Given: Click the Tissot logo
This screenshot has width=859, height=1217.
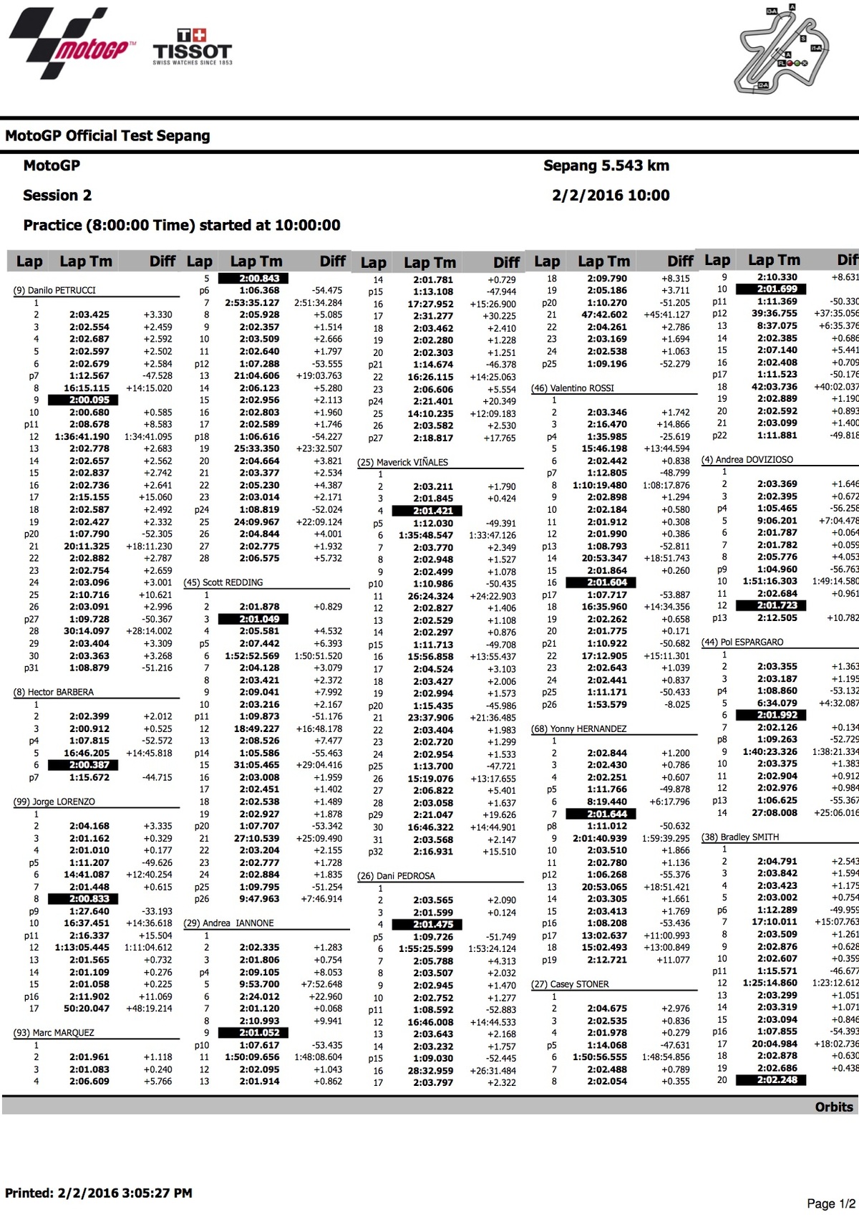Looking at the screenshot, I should (x=193, y=47).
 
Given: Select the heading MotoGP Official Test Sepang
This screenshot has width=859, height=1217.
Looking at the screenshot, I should (x=107, y=136).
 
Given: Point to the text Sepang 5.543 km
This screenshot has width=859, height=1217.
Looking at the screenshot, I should (x=606, y=165).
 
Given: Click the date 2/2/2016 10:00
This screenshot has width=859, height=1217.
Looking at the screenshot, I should (x=611, y=196).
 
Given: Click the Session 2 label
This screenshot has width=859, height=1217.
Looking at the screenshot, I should (x=57, y=196).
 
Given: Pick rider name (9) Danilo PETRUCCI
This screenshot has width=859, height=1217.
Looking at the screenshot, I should (x=54, y=290).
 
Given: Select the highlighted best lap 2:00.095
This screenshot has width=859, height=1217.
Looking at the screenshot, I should (x=89, y=400).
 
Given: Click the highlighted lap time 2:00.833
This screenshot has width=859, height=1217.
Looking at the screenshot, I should (x=89, y=899).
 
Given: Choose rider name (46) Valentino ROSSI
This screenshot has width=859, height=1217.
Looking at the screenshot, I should (x=573, y=388).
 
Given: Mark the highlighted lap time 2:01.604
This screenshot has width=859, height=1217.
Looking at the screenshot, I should (x=606, y=583).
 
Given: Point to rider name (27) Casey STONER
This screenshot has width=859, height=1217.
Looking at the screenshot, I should (x=570, y=984).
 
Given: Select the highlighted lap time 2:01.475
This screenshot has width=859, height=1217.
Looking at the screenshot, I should (x=433, y=925).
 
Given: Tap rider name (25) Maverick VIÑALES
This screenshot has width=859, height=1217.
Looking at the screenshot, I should (x=402, y=462).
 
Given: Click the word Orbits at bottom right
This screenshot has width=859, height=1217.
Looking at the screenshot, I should (x=834, y=1107).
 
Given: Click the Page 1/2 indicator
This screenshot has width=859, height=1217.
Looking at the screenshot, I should (x=830, y=1203).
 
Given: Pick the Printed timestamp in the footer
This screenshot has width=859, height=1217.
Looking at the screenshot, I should (x=99, y=1193).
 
